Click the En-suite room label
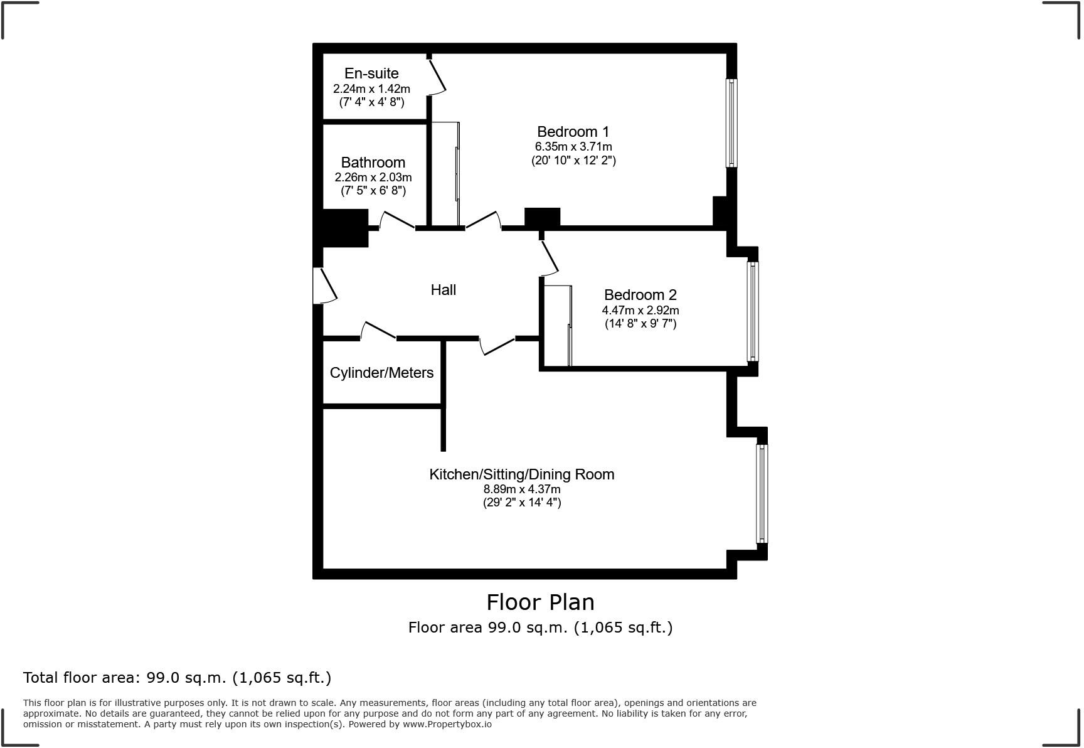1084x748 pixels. (371, 73)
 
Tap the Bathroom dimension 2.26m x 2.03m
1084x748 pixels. (373, 177)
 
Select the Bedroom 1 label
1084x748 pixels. (573, 132)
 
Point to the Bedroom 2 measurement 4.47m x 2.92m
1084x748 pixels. (640, 310)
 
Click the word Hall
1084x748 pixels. (443, 290)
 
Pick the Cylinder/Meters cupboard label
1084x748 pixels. (381, 373)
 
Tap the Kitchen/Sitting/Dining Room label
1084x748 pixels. (521, 474)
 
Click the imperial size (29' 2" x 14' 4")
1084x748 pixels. (521, 502)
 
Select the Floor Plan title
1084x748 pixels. (540, 602)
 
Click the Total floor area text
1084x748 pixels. (177, 678)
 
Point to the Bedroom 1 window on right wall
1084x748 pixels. (731, 123)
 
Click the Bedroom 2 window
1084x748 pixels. (753, 311)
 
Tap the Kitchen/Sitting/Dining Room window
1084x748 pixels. (762, 493)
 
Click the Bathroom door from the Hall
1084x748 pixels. (397, 220)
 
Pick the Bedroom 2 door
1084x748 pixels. (550, 256)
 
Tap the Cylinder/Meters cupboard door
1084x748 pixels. (378, 330)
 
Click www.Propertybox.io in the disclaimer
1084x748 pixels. (447, 724)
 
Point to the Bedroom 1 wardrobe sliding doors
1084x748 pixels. (457, 174)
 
